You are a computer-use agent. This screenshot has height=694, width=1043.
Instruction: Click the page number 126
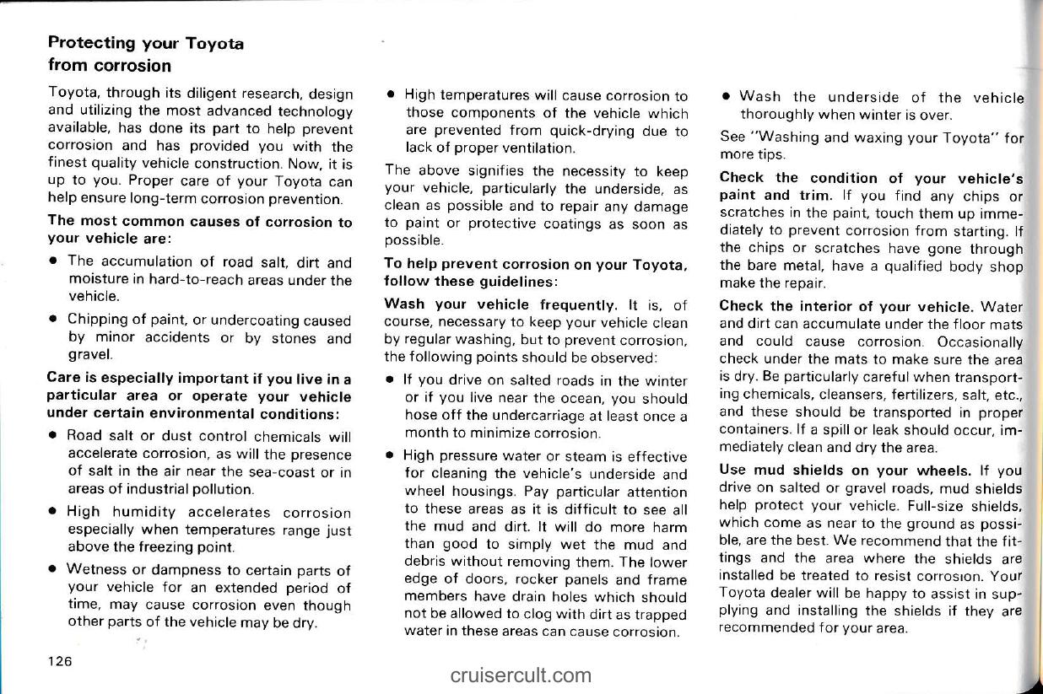(59, 661)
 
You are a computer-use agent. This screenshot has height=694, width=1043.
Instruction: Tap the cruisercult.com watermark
(521, 675)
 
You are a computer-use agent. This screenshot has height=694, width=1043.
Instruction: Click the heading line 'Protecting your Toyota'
(146, 42)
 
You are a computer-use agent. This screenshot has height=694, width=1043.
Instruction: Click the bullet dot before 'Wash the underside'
(725, 96)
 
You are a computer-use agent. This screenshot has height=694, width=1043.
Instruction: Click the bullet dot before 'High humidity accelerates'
(52, 513)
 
